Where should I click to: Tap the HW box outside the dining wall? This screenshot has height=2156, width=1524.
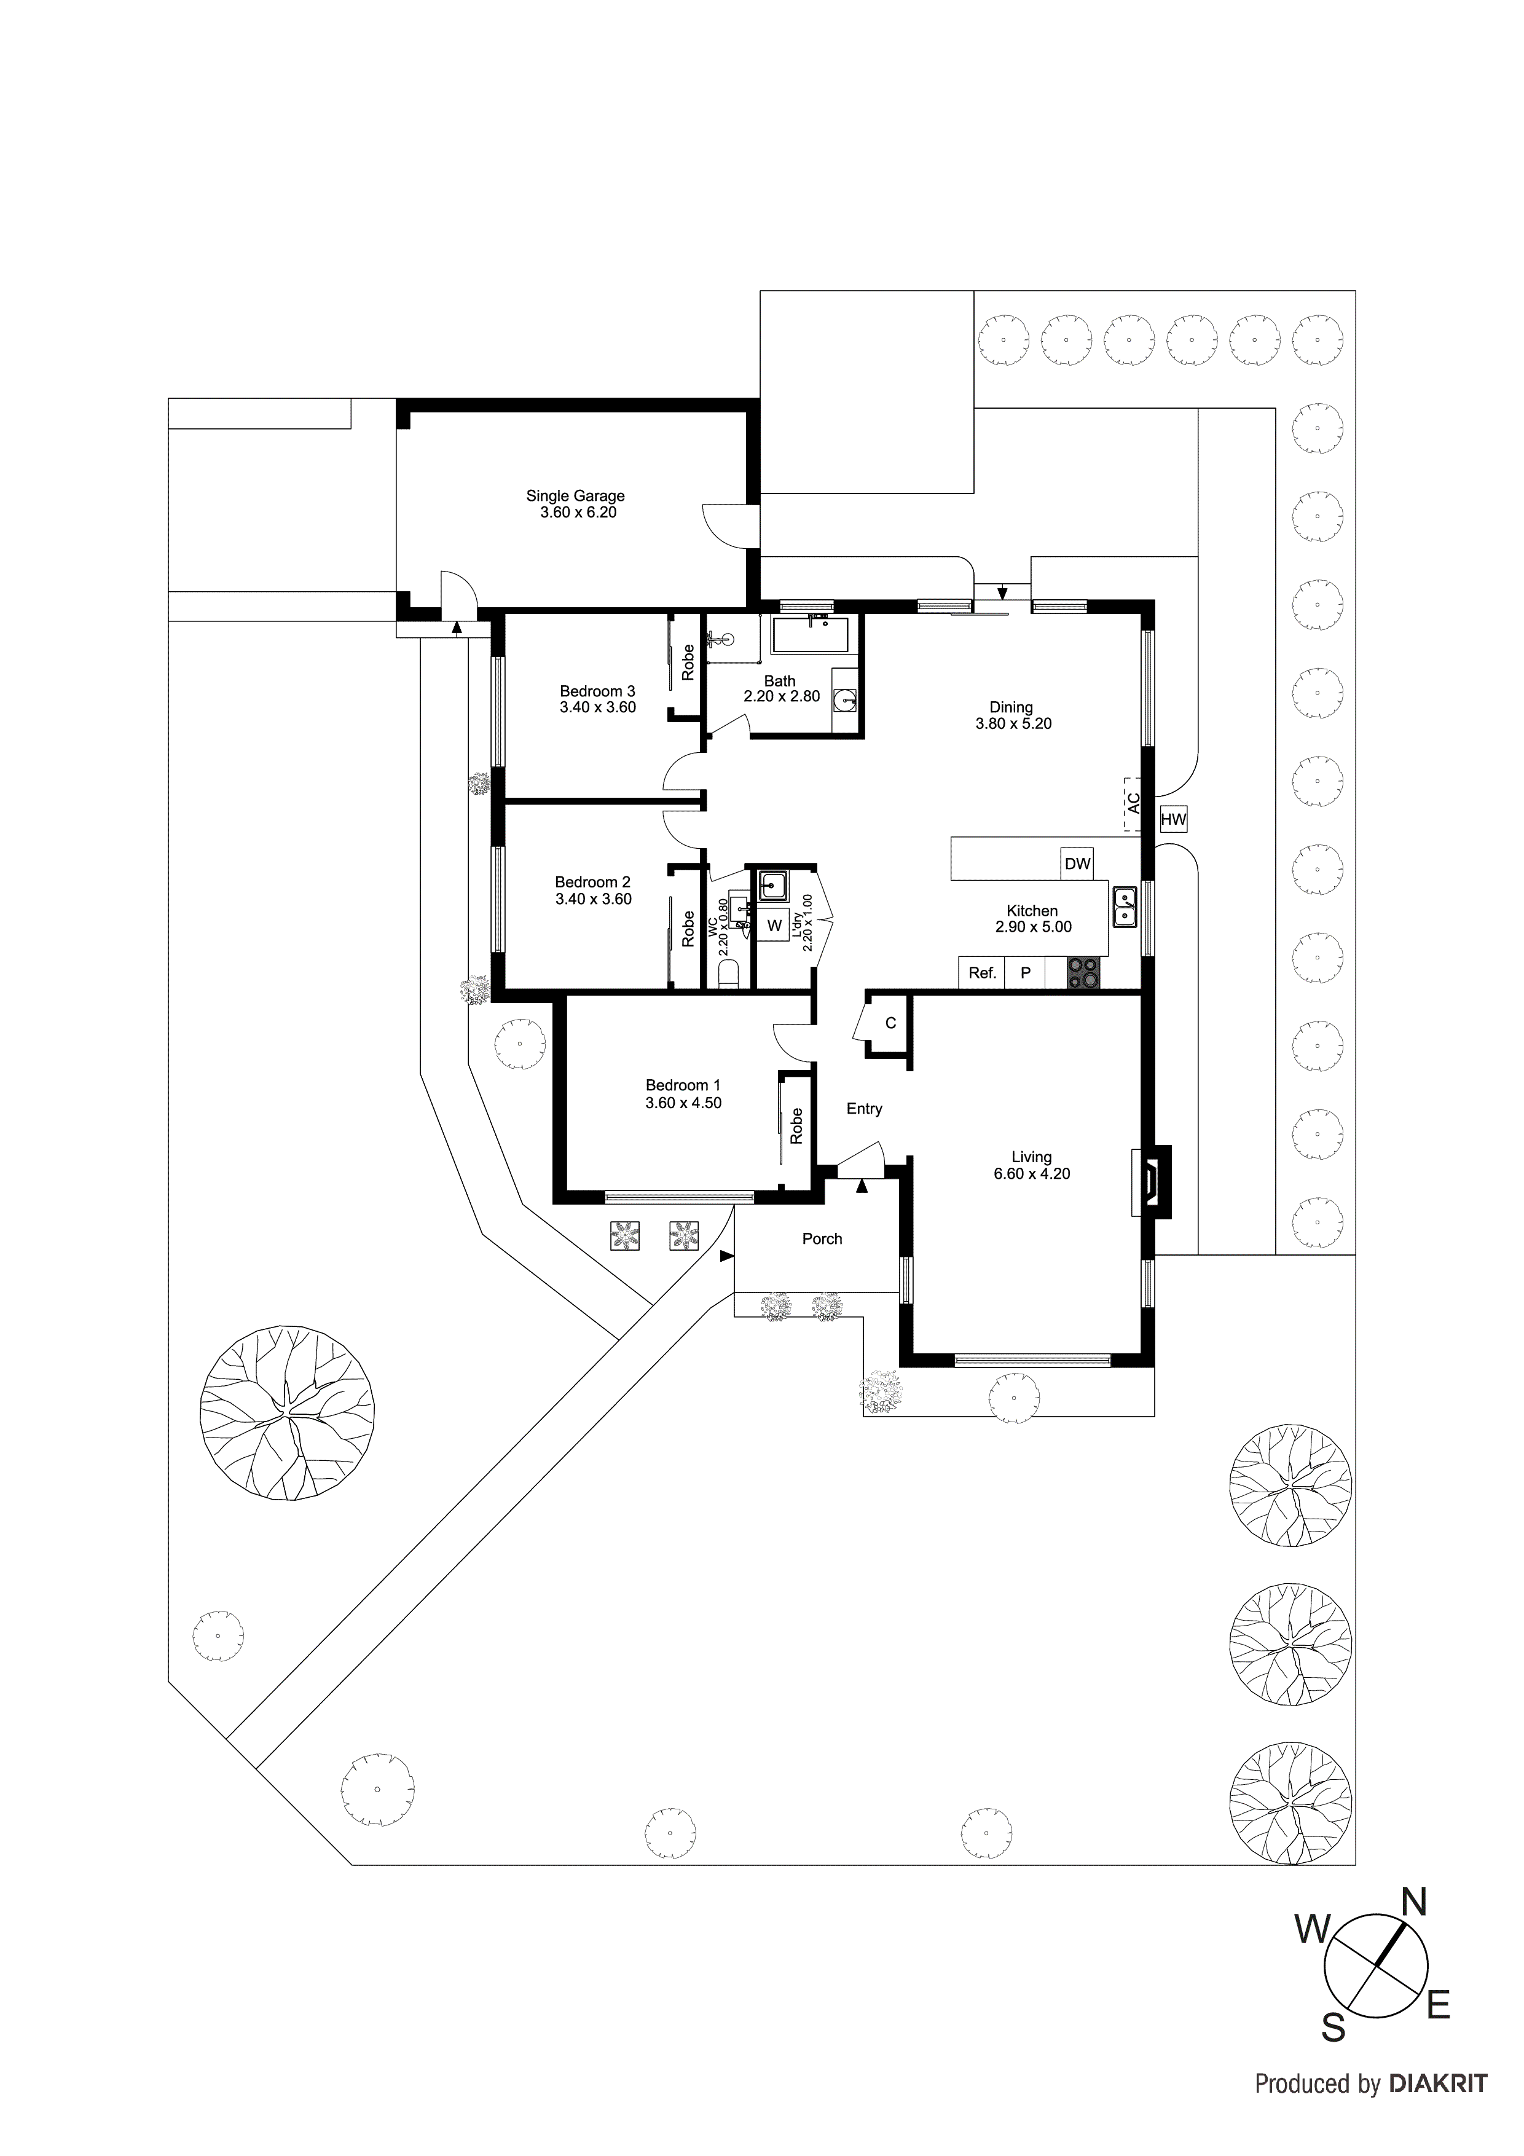[1173, 820]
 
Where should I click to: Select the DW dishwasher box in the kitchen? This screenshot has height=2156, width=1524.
[1077, 863]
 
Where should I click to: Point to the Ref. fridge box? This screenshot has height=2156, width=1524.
[981, 973]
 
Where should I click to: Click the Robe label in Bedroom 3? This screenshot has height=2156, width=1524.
[688, 662]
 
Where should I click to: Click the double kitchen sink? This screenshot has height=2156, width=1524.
[1125, 907]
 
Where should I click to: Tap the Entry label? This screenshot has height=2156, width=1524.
[864, 1109]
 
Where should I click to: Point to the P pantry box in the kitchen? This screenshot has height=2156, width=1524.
[1026, 973]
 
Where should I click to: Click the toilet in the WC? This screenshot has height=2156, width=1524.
[729, 978]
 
